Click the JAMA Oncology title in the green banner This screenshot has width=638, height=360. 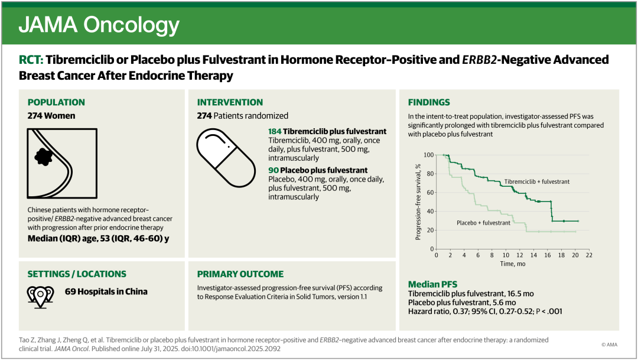(99, 25)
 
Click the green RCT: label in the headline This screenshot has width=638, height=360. (31, 60)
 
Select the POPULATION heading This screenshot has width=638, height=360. (56, 102)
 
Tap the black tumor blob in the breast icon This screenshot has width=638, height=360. (44, 157)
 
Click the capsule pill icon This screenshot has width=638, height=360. (226, 158)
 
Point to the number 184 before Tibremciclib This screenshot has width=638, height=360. (275, 132)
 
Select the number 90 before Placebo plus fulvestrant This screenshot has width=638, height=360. (274, 170)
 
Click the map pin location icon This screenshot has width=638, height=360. (40, 297)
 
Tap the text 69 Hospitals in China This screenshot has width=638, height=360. (106, 291)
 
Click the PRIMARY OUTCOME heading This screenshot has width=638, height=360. (240, 274)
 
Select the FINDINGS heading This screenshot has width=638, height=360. (429, 102)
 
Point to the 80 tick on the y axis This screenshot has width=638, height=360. (429, 174)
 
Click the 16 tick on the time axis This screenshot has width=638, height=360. (548, 255)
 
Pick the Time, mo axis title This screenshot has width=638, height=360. (513, 264)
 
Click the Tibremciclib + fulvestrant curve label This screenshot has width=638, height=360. (537, 181)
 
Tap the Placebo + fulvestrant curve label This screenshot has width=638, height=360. (483, 223)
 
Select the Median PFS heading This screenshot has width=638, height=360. (432, 284)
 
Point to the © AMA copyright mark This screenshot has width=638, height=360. (609, 345)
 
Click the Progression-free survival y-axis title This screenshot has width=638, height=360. (418, 202)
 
